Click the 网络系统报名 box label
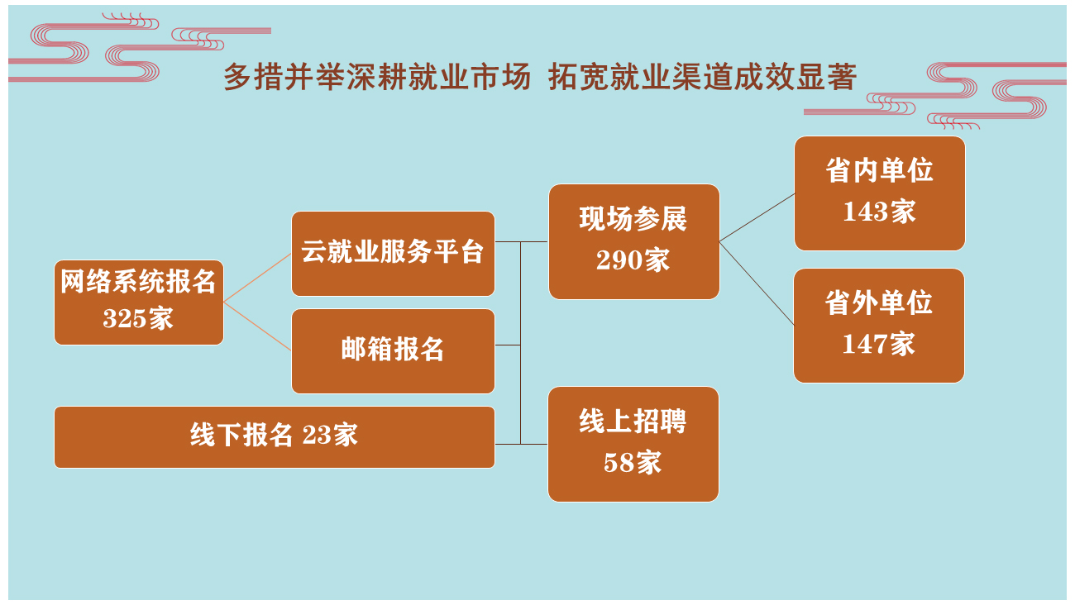[x=138, y=282]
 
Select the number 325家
[x=138, y=318]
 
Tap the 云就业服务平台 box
[x=393, y=253]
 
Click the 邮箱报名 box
[x=393, y=351]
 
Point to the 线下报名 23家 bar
[x=275, y=437]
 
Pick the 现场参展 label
[x=633, y=219]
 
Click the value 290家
[x=633, y=260]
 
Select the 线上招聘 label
[x=633, y=422]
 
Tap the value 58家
[x=633, y=463]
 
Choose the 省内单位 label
[x=879, y=170]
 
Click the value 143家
[x=879, y=212]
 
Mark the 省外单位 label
[x=879, y=302]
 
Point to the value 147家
[x=879, y=344]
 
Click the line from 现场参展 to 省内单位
[x=757, y=217]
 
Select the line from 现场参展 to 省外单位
[x=757, y=283]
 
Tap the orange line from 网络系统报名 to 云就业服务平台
[x=258, y=278]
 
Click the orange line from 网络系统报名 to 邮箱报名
[x=258, y=326]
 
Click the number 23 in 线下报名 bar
[x=317, y=436]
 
